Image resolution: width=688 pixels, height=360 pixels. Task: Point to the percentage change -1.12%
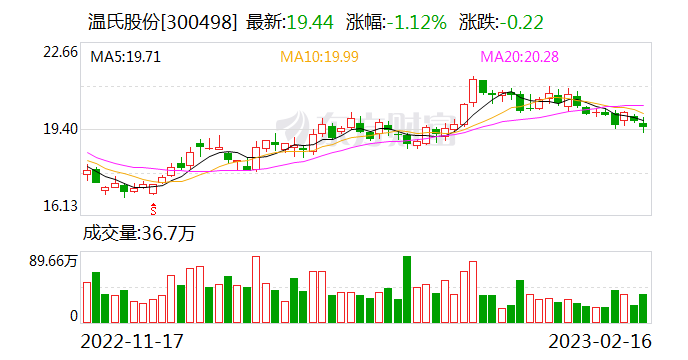412,21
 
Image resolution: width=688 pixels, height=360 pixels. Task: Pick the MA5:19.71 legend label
126,57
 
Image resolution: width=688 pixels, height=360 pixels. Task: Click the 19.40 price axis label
56,129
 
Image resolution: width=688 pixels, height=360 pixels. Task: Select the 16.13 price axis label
56,206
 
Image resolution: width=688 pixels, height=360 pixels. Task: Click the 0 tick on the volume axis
73,316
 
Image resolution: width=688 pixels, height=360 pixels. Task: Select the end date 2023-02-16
598,340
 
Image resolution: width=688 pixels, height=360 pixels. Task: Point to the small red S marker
153,208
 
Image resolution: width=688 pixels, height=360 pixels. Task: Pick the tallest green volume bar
407,289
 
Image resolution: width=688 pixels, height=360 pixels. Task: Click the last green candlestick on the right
643,125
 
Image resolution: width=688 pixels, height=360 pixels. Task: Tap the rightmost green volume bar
643,308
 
